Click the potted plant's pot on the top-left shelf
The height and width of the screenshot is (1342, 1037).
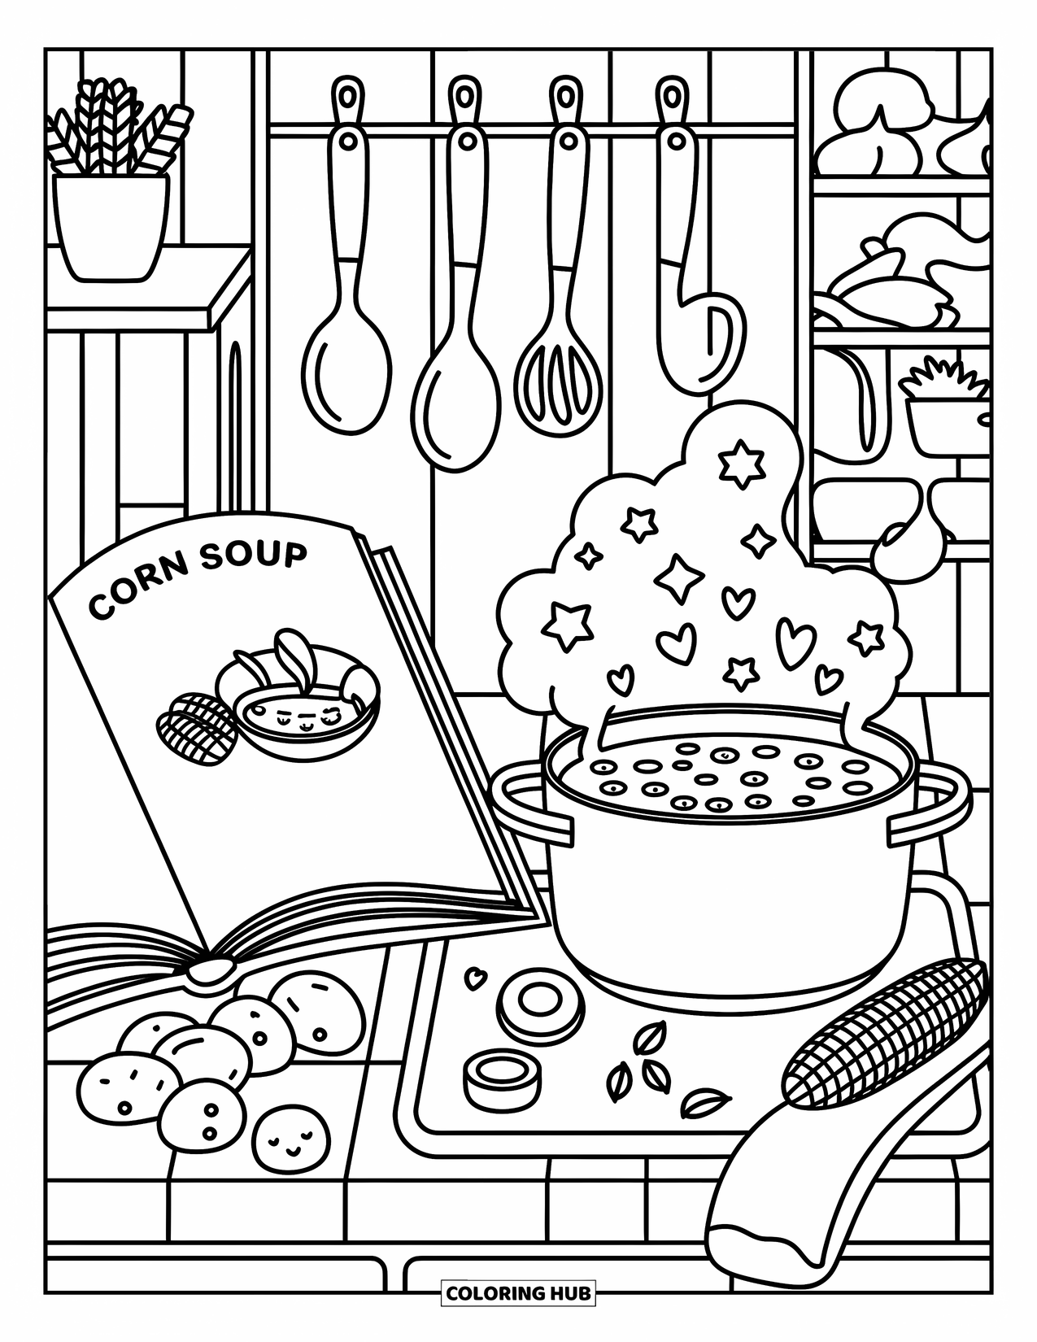click(x=111, y=224)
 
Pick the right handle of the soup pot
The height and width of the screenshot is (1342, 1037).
click(x=935, y=809)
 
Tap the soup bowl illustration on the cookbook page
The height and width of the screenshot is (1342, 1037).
click(x=309, y=699)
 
